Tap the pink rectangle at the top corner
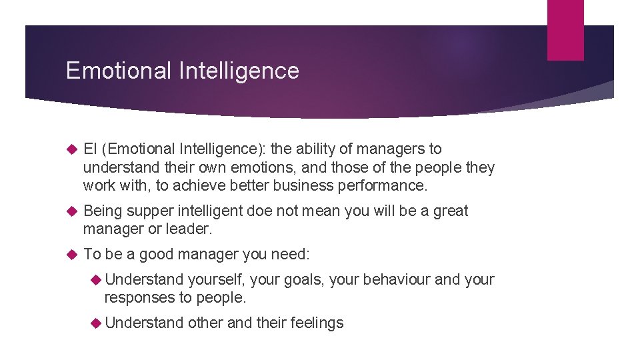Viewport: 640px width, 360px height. tap(565, 30)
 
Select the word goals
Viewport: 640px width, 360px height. tap(303, 280)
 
